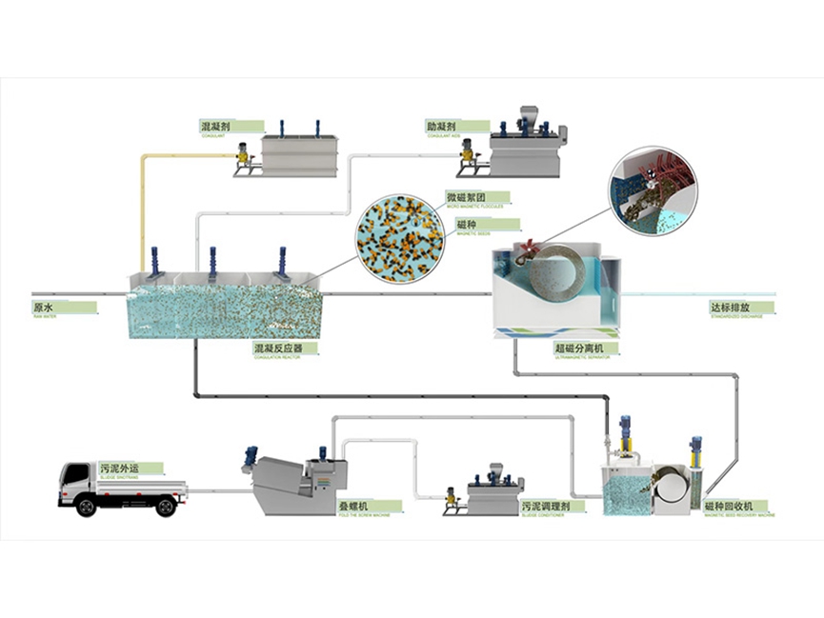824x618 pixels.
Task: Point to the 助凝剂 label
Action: tap(442, 126)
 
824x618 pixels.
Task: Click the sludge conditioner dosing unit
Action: tap(489, 491)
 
